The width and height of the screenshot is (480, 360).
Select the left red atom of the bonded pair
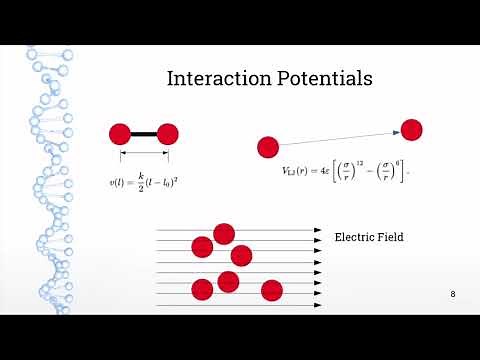120,134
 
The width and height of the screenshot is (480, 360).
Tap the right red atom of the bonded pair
167,134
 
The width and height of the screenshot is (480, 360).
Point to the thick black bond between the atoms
144,134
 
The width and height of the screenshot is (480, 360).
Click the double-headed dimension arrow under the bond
144,156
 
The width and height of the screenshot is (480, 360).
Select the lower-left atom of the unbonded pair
267,148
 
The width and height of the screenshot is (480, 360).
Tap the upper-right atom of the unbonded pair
411,129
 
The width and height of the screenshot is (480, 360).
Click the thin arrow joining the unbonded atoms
339,139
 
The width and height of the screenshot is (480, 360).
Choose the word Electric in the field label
353,238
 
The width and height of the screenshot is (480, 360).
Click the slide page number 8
453,294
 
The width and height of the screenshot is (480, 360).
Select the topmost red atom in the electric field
224,234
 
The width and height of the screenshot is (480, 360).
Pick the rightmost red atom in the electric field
272,290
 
